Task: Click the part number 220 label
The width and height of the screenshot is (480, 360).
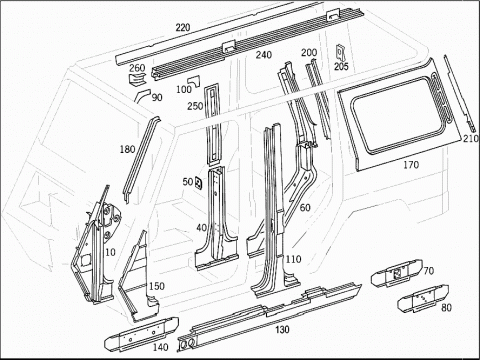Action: coord(183,27)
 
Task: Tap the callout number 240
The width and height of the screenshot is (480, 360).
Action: coord(264,55)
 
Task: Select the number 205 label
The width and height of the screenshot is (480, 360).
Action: coord(341,67)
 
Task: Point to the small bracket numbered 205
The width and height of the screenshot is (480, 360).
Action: coord(341,52)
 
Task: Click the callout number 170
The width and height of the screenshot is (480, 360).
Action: coord(411,165)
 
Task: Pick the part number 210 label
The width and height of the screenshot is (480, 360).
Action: coord(471,138)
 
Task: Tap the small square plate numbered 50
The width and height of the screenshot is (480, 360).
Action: coord(198,182)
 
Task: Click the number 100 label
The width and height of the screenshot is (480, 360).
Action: coord(184,89)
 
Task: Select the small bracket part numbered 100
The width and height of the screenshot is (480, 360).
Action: coord(194,81)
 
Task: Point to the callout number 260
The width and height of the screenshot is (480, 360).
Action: coord(137,68)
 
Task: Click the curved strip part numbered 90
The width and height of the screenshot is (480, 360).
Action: coord(142,95)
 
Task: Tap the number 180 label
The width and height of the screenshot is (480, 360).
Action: coord(127,149)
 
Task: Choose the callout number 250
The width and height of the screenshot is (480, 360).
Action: coord(195,106)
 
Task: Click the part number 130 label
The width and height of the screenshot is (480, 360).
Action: coord(282,330)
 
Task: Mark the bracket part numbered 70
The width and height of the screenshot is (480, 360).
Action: coord(396,274)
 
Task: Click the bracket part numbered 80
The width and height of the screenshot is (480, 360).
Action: coord(423,299)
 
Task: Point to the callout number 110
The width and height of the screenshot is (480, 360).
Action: coord(293,259)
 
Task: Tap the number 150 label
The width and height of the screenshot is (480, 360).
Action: coord(157,286)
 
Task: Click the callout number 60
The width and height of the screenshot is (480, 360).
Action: coord(305,208)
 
